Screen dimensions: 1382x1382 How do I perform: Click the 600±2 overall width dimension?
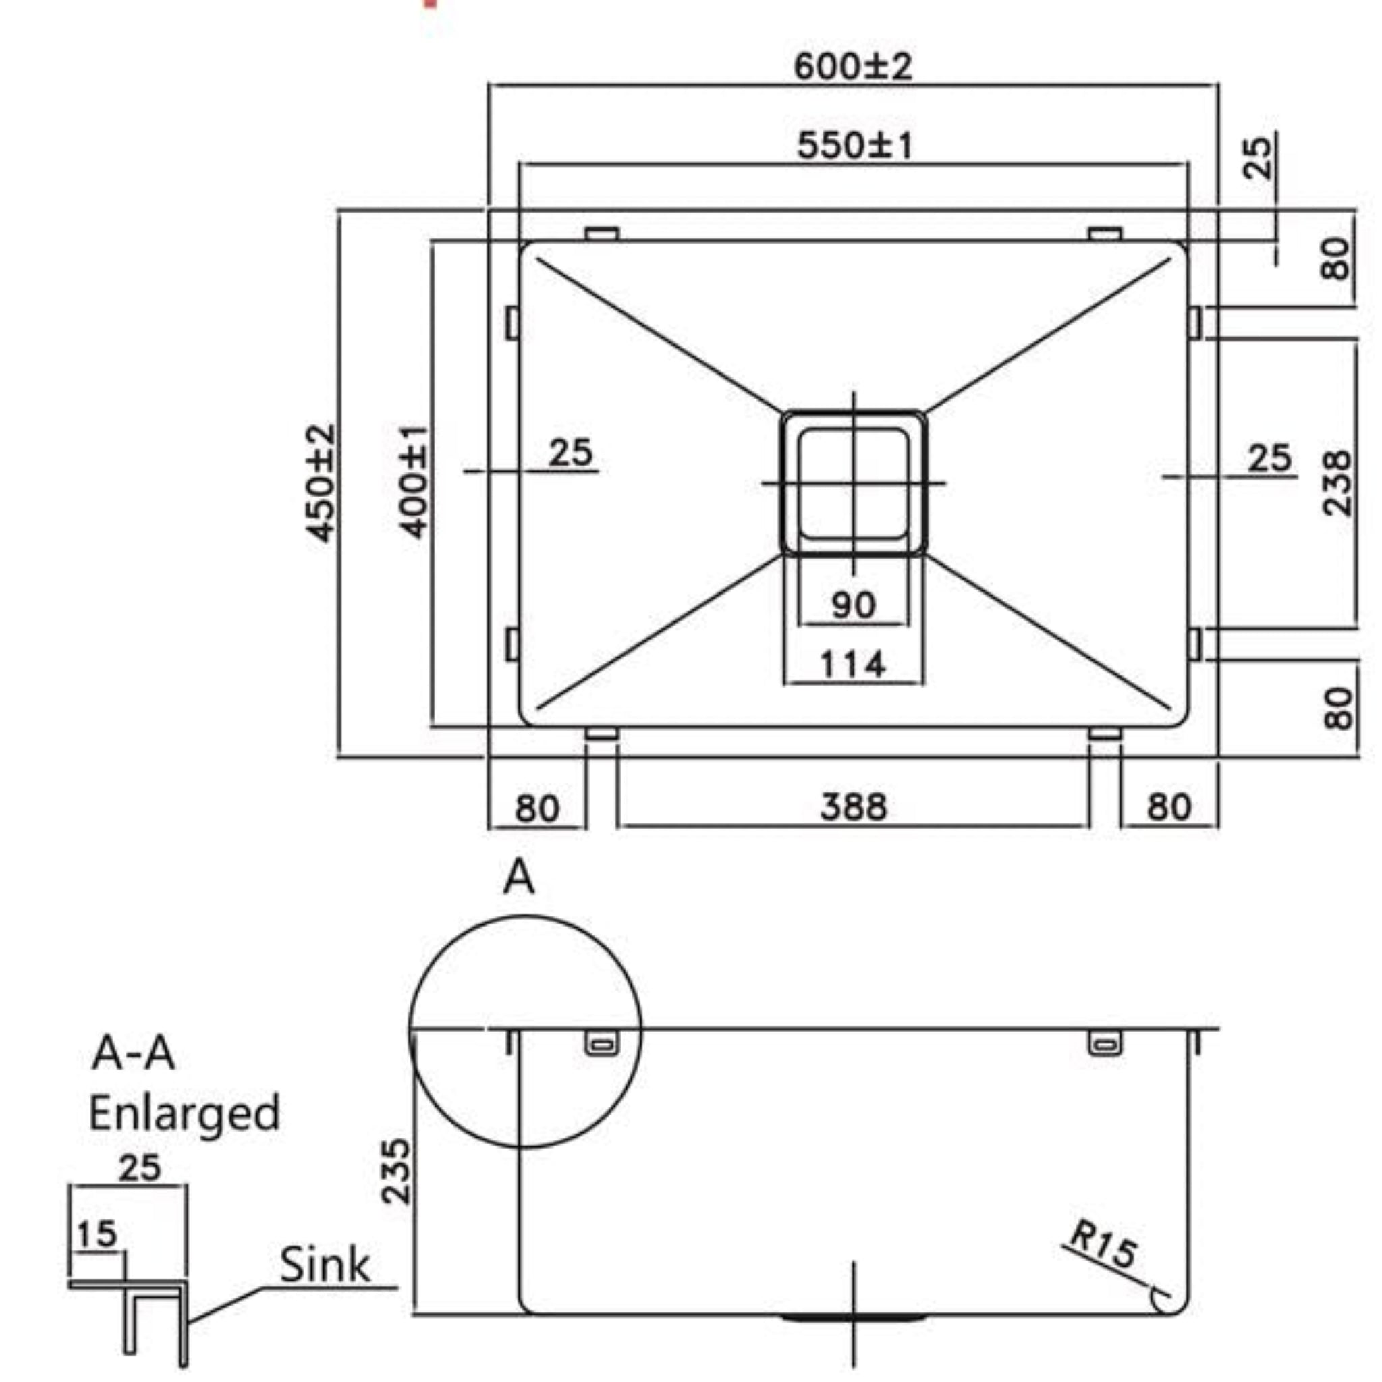[853, 67]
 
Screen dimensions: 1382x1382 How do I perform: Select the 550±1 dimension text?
[854, 145]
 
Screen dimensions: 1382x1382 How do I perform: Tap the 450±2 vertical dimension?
[320, 484]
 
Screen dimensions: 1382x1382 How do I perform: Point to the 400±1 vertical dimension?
[414, 482]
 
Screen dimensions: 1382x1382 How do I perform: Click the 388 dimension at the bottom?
[853, 806]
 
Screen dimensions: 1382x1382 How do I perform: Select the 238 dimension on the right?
[1336, 484]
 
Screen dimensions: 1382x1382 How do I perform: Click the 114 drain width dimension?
[853, 665]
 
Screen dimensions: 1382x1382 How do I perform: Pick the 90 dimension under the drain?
[853, 605]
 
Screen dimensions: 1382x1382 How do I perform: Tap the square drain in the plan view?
[853, 484]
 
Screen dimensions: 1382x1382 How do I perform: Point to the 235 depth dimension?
[395, 1171]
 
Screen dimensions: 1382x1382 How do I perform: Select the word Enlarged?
[184, 1113]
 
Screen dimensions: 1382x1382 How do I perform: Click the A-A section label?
[133, 1053]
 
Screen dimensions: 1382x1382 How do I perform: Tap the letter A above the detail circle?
[519, 877]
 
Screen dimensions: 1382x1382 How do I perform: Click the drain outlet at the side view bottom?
[853, 1316]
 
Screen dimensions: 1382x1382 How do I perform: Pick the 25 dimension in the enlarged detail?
[140, 1167]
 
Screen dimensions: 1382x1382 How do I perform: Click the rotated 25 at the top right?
[1256, 157]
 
